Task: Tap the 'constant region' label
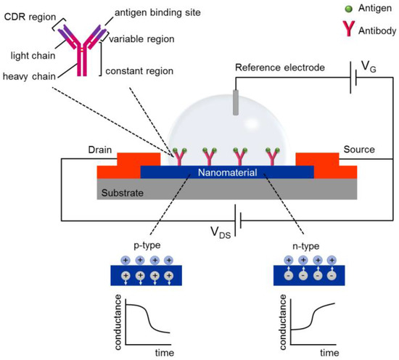[146, 70]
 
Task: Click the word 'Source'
[358, 150]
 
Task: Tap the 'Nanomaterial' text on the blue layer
[226, 173]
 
